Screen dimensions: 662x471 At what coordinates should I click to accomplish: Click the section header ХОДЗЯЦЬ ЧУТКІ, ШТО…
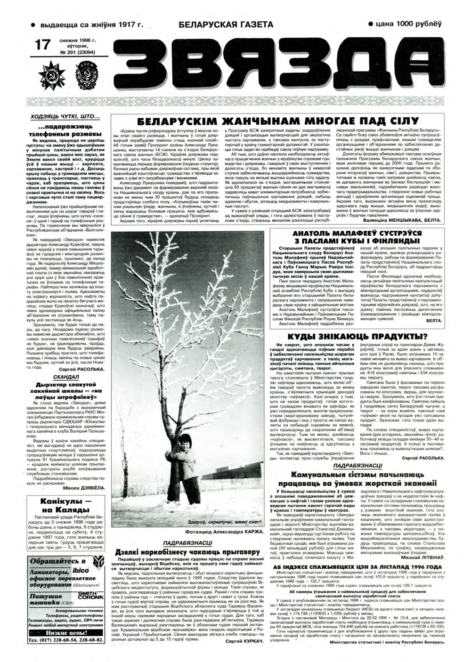pos(66,117)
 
